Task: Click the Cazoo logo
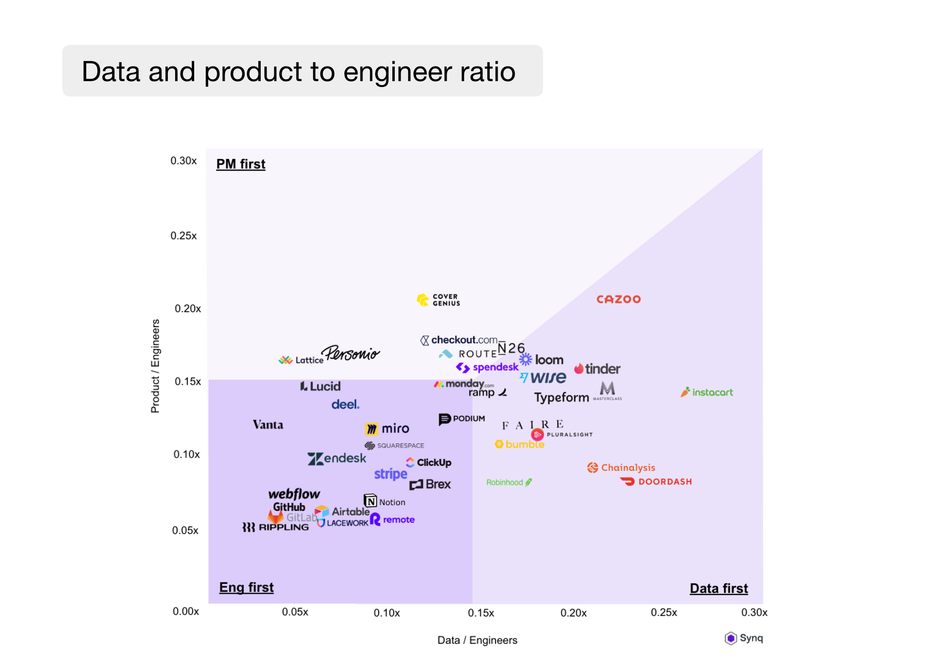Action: click(x=618, y=299)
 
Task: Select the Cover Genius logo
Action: click(x=438, y=300)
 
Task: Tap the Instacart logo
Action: click(x=707, y=392)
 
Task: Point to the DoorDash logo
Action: click(x=656, y=482)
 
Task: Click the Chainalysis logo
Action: click(x=621, y=468)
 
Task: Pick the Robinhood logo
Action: click(x=509, y=483)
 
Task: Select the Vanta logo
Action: click(x=268, y=424)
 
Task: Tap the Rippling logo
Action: click(x=276, y=527)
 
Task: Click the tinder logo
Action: click(x=597, y=369)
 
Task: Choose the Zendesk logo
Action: click(x=337, y=459)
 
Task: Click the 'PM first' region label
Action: click(x=241, y=164)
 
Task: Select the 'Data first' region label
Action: click(x=718, y=588)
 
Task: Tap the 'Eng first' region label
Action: click(x=246, y=587)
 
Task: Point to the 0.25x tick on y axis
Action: click(x=183, y=236)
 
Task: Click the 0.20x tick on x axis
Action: click(x=573, y=613)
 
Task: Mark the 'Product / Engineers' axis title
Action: click(x=155, y=366)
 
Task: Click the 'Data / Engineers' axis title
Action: click(x=477, y=640)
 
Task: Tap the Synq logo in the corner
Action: click(x=744, y=638)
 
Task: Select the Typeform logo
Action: click(x=561, y=397)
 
